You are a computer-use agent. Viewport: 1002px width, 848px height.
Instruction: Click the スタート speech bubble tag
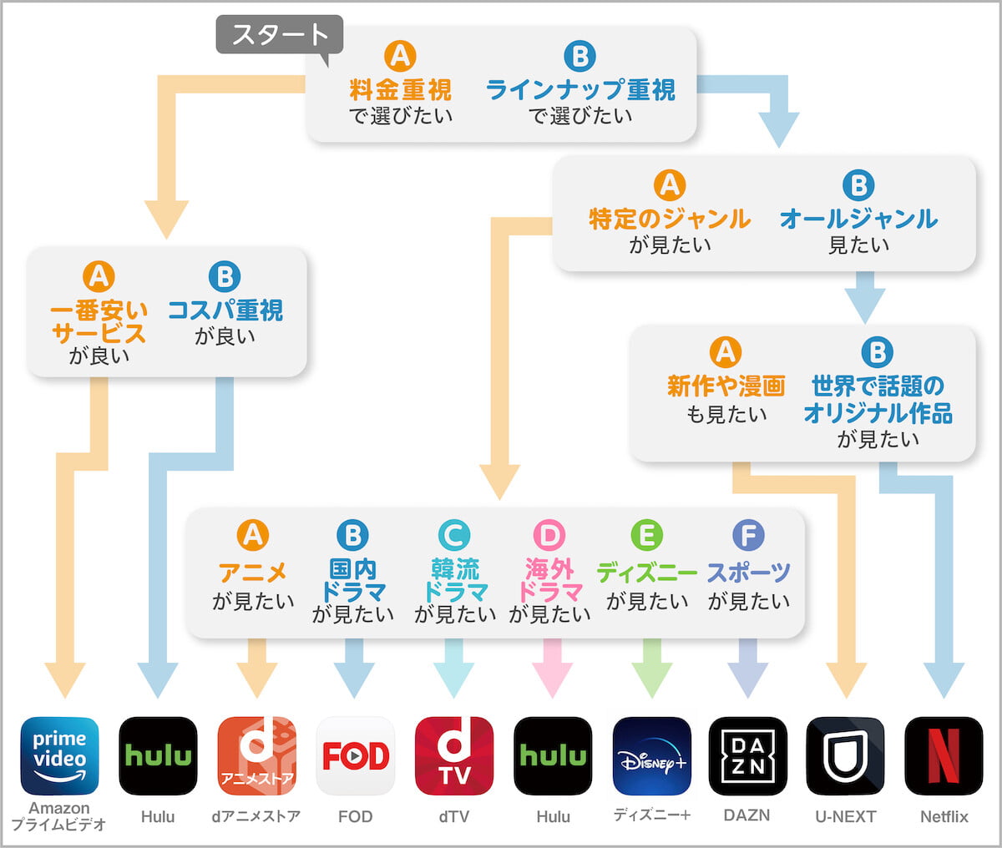click(x=279, y=35)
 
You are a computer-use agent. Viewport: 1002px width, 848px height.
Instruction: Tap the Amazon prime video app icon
click(x=59, y=755)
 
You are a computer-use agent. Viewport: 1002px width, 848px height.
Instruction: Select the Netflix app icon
click(x=944, y=755)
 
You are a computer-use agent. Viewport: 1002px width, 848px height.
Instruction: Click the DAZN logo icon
click(x=747, y=755)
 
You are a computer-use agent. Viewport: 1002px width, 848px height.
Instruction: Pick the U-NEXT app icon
click(x=845, y=755)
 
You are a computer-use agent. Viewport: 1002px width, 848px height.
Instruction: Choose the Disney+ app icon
click(x=651, y=755)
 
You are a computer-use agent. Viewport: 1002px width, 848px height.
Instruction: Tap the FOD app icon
click(x=355, y=755)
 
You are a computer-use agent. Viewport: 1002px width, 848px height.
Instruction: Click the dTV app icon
click(x=453, y=755)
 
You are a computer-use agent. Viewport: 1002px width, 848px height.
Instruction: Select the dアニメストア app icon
click(x=256, y=755)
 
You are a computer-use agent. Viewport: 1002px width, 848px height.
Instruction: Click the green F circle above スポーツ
click(x=748, y=535)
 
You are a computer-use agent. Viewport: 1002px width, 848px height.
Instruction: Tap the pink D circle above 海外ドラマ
click(x=549, y=535)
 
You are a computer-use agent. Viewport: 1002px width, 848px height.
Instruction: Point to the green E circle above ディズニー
click(x=647, y=535)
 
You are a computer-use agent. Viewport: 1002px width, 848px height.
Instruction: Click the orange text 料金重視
click(x=400, y=89)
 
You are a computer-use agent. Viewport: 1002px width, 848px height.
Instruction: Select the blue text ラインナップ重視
click(x=580, y=89)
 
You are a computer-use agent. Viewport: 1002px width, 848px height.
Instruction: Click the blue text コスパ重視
click(x=225, y=310)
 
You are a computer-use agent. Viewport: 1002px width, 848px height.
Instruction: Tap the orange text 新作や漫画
click(x=726, y=386)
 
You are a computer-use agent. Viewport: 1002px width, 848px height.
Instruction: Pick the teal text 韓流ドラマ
click(x=455, y=580)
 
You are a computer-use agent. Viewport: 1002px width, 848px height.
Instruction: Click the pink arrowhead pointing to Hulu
click(x=552, y=679)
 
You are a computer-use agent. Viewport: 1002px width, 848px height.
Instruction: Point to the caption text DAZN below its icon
click(x=747, y=815)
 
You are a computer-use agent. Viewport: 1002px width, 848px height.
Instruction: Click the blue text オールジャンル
click(x=858, y=219)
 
